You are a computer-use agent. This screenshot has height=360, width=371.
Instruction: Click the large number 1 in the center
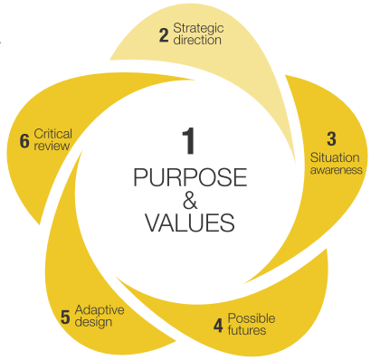pyautogui.click(x=187, y=143)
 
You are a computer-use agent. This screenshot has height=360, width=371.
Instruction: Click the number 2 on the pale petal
pyautogui.click(x=163, y=35)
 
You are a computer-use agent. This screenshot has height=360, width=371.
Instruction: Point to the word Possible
pyautogui.click(x=251, y=317)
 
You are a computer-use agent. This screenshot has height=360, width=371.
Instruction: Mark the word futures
pyautogui.click(x=248, y=331)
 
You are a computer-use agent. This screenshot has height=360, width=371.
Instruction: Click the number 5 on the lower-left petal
pyautogui.click(x=65, y=316)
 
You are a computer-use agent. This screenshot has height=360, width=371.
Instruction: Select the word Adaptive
pyautogui.click(x=99, y=309)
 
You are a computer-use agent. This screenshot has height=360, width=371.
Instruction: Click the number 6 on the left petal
pyautogui.click(x=24, y=140)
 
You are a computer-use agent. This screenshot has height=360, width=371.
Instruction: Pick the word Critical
pyautogui.click(x=52, y=134)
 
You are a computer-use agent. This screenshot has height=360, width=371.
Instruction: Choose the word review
pyautogui.click(x=49, y=147)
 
